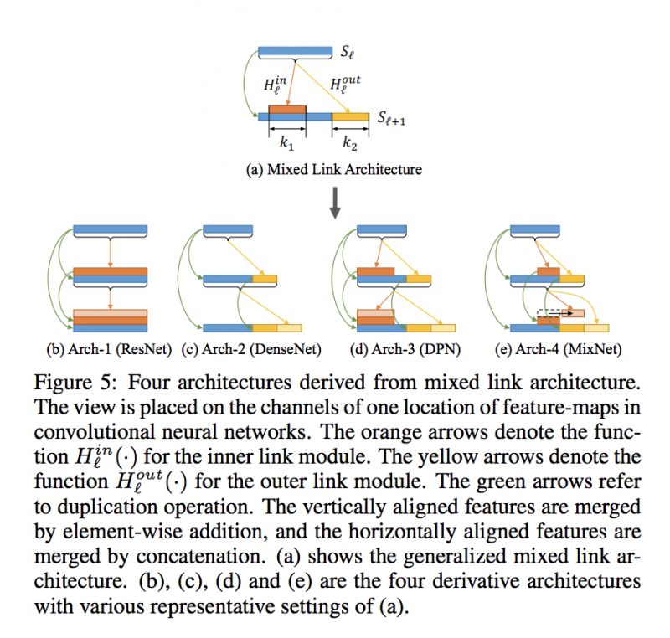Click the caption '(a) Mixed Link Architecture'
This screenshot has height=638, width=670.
click(x=333, y=169)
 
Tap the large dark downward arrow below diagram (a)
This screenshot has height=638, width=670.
click(x=335, y=204)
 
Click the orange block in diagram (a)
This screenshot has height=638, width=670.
click(x=287, y=110)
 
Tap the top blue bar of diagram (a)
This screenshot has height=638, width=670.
click(x=296, y=53)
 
